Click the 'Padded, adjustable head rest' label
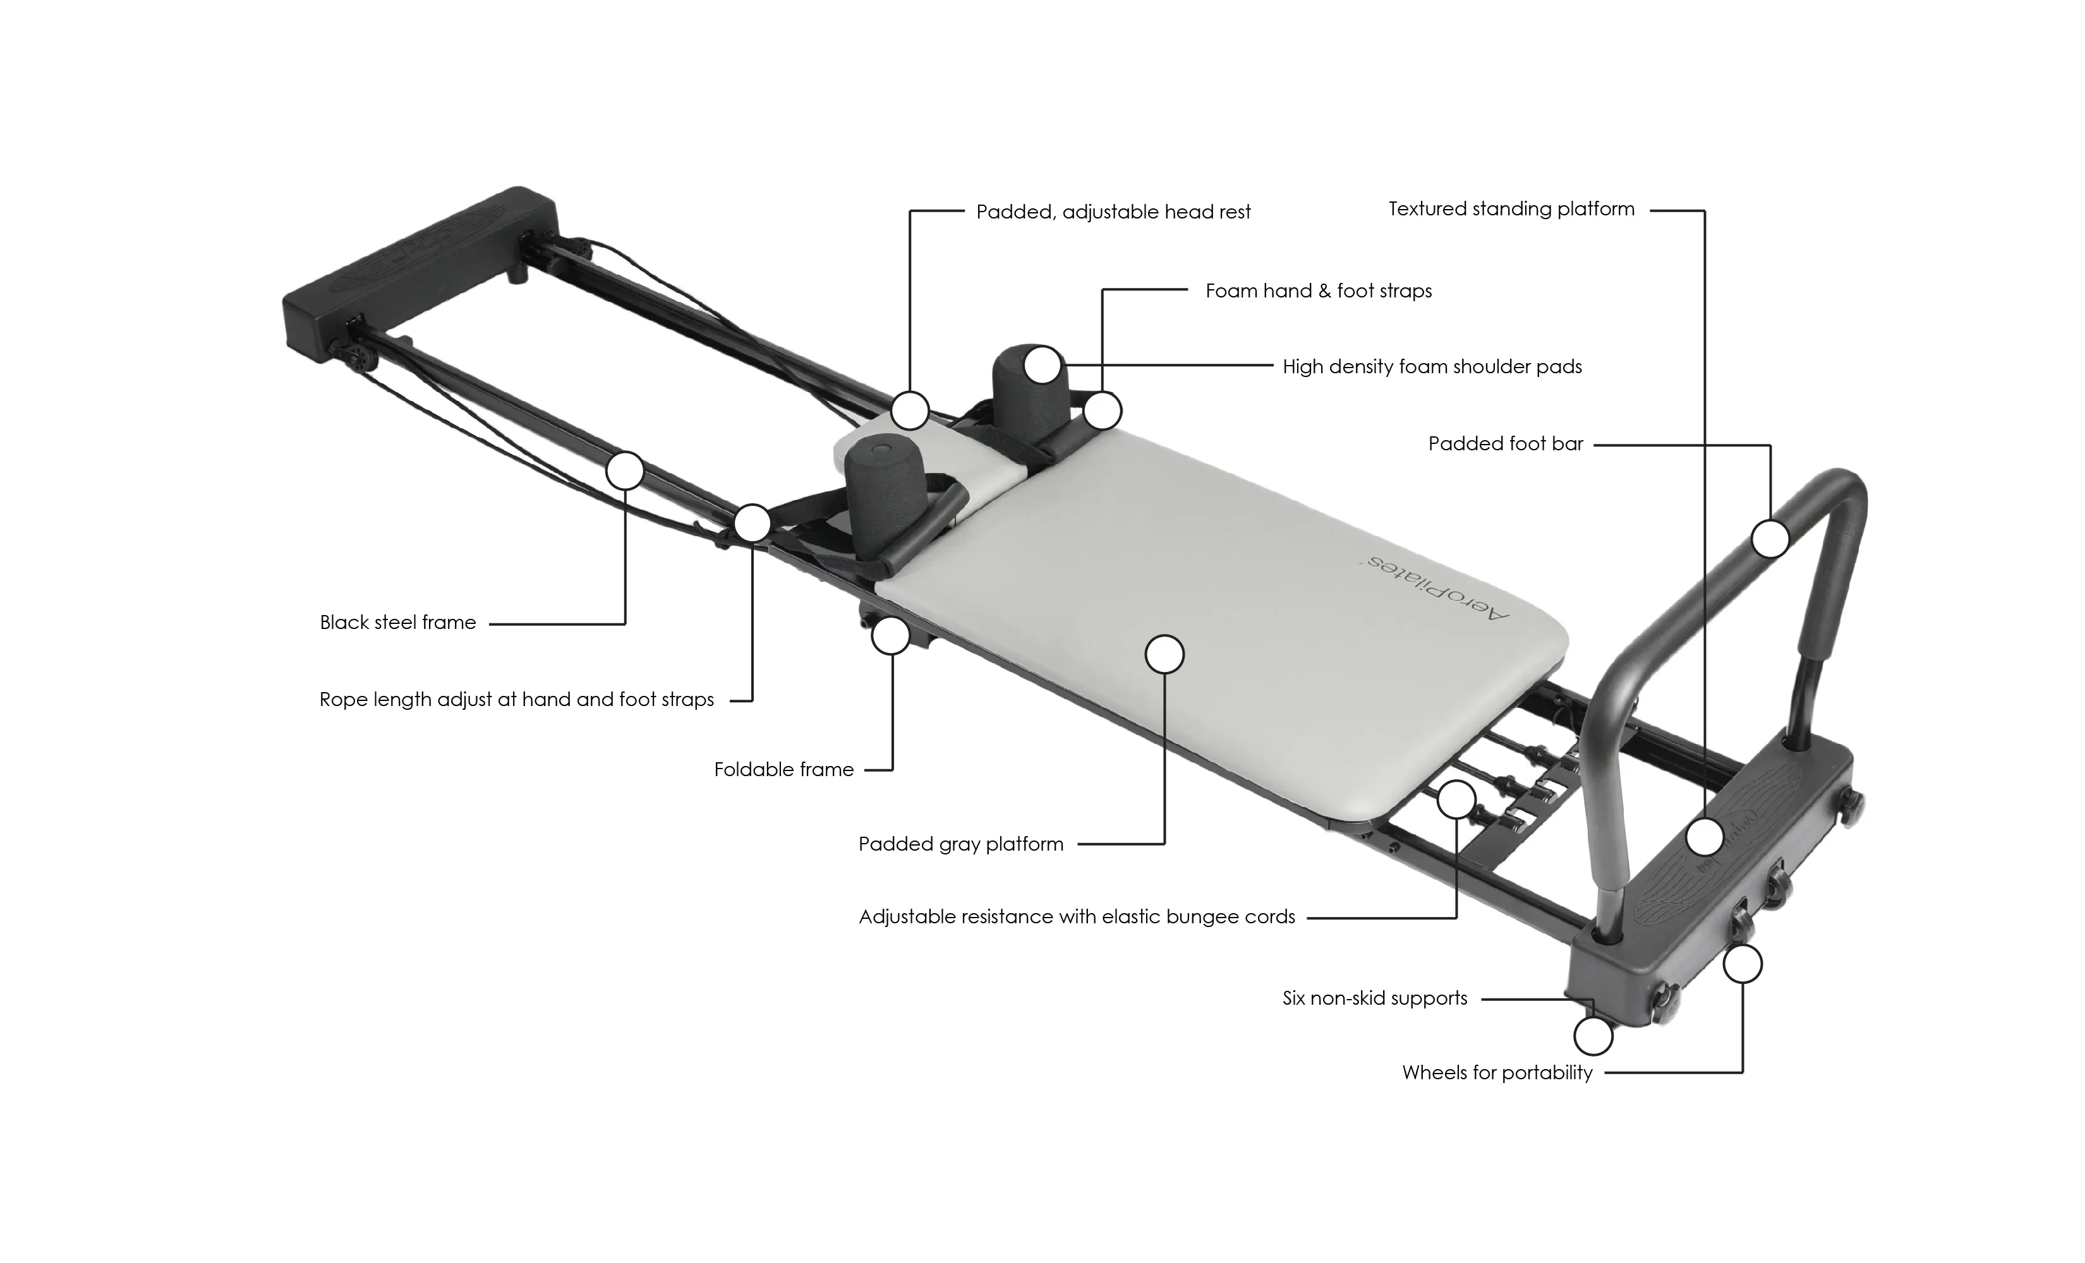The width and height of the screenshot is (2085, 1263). (1113, 212)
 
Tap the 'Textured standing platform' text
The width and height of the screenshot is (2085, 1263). (1511, 209)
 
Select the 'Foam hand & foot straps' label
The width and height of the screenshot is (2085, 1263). (1319, 291)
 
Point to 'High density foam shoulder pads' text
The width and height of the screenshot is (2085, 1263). (1432, 366)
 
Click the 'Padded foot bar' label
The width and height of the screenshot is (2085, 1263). (1506, 443)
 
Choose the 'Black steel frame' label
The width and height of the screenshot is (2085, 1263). (397, 623)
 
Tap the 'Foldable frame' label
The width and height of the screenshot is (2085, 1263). (783, 769)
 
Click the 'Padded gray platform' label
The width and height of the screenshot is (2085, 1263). (960, 844)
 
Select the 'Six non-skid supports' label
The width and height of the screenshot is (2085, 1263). (1374, 998)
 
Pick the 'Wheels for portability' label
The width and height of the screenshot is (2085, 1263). (1497, 1073)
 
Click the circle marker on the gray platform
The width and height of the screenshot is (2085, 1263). (1164, 654)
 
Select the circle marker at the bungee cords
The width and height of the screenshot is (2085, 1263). (1456, 799)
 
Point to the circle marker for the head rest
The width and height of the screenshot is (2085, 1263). (910, 410)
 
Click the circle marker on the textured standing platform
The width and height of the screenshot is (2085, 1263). (1704, 837)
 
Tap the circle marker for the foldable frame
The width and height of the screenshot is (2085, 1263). (891, 635)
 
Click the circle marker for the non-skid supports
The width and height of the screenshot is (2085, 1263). (1593, 1036)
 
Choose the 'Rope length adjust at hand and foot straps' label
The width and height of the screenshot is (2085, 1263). (516, 700)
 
